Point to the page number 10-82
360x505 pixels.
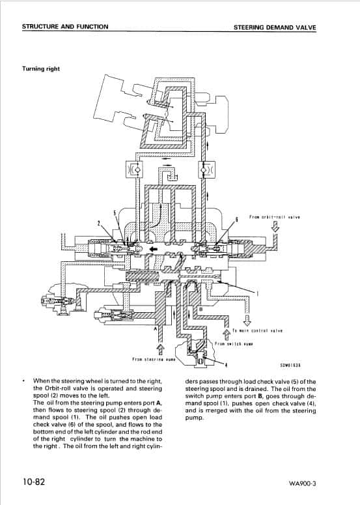pyautogui.click(x=36, y=483)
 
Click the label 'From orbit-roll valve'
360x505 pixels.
pyautogui.click(x=274, y=218)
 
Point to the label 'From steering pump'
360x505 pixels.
pyautogui.click(x=151, y=358)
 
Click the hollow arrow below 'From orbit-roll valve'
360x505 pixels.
pyautogui.click(x=275, y=227)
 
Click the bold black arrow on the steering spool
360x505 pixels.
pyautogui.click(x=153, y=249)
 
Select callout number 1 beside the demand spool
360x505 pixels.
pyautogui.click(x=257, y=295)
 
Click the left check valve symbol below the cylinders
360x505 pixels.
pyautogui.click(x=135, y=170)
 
